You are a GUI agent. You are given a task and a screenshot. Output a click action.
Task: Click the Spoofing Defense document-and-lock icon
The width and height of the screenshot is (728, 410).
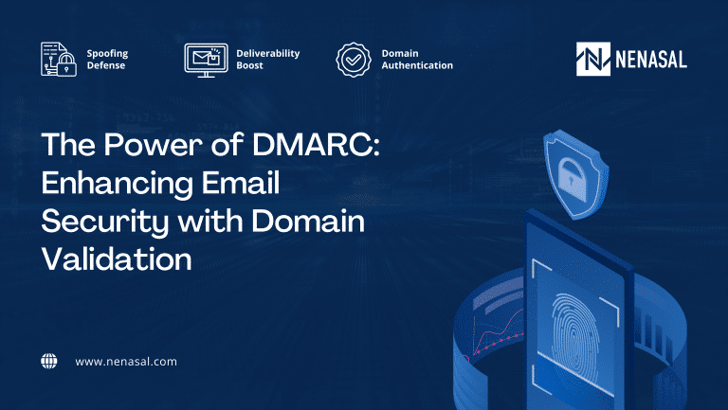(x=58, y=59)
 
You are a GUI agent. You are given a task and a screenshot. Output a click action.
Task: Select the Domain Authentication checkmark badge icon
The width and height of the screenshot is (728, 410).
(x=353, y=59)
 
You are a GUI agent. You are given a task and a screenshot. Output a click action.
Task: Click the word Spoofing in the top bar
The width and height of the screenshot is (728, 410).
(x=107, y=53)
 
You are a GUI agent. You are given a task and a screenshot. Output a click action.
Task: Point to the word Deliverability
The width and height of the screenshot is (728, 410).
(x=267, y=53)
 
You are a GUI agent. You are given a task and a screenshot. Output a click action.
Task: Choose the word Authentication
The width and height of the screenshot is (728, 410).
(x=417, y=65)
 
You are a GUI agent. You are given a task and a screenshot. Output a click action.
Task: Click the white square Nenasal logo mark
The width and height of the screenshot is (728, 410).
(x=593, y=59)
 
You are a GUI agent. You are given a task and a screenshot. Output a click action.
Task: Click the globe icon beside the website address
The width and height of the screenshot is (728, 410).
(x=49, y=361)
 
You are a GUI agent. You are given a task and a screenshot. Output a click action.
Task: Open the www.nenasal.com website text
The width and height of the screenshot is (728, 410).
(x=126, y=362)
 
